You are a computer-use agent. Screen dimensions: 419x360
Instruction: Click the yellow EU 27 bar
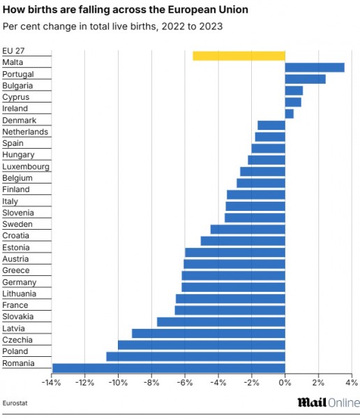tap(239, 56)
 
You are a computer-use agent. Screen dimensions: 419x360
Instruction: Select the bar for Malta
tap(315, 67)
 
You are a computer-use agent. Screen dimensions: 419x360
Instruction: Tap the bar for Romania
tap(169, 368)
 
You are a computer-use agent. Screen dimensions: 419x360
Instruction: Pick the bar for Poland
tap(195, 356)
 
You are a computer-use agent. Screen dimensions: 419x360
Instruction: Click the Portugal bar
tap(305, 79)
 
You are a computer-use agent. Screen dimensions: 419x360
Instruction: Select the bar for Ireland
tap(289, 114)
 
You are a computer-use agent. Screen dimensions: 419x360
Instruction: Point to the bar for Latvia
tap(209, 333)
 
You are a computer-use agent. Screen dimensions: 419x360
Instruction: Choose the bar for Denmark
tap(271, 125)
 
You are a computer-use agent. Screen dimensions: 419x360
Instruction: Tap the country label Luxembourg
tap(26, 166)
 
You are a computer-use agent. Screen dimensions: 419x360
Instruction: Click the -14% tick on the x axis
tap(51, 383)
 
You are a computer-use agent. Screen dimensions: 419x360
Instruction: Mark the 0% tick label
tap(285, 383)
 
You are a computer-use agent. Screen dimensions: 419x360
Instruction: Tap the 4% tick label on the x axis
tap(352, 383)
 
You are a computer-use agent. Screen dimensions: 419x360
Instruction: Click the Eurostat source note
tap(15, 404)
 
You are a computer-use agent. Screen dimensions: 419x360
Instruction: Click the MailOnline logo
tap(328, 402)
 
